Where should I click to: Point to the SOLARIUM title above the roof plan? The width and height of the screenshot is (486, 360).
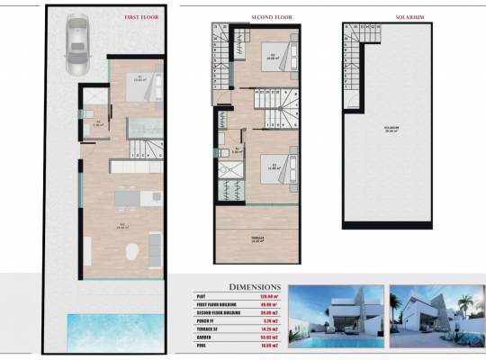tap(384, 15)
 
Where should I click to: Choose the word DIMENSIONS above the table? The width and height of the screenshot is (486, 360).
tap(255, 287)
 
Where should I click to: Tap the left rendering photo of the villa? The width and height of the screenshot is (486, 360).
tap(337, 318)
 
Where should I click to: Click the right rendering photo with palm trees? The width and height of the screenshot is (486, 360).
tap(436, 318)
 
